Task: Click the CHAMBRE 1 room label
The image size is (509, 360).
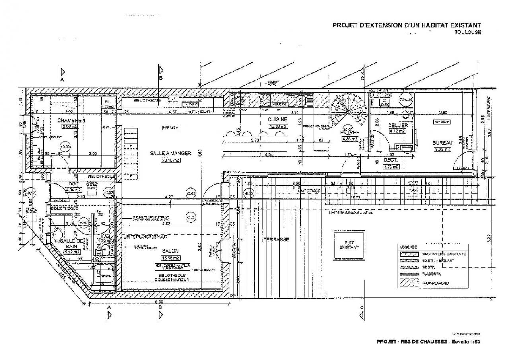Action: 71,120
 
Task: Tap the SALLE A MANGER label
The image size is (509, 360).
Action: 171,153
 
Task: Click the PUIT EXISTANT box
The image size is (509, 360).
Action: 349,245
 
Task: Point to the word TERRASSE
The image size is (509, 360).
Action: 276,239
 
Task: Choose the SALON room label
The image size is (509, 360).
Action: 170,251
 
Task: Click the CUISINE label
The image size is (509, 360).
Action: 278,119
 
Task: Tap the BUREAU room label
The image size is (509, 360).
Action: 442,142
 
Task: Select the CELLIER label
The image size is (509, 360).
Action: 398,125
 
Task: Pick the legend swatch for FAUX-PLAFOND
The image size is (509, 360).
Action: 410,283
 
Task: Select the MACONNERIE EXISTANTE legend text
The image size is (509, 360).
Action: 444,254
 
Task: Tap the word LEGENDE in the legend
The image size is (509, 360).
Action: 408,247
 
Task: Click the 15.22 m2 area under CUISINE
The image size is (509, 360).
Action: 278,126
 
